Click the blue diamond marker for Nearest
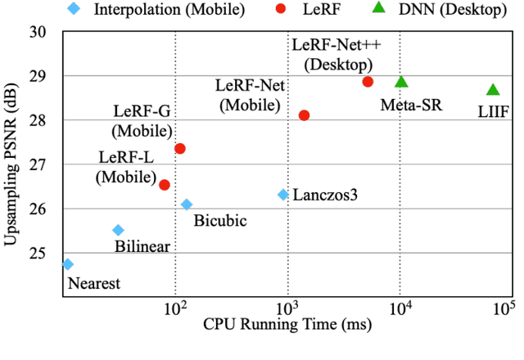(68, 263)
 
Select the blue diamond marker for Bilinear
(118, 230)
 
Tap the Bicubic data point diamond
(187, 204)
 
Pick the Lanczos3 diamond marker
(283, 195)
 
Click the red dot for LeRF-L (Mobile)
(165, 185)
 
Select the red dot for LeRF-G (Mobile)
(180, 148)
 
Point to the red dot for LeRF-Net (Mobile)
(304, 115)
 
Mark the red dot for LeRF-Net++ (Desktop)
(368, 82)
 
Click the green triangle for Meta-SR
(401, 82)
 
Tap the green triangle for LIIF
(493, 90)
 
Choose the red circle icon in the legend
(280, 11)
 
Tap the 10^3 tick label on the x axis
(287, 306)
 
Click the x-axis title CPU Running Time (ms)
(287, 326)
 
